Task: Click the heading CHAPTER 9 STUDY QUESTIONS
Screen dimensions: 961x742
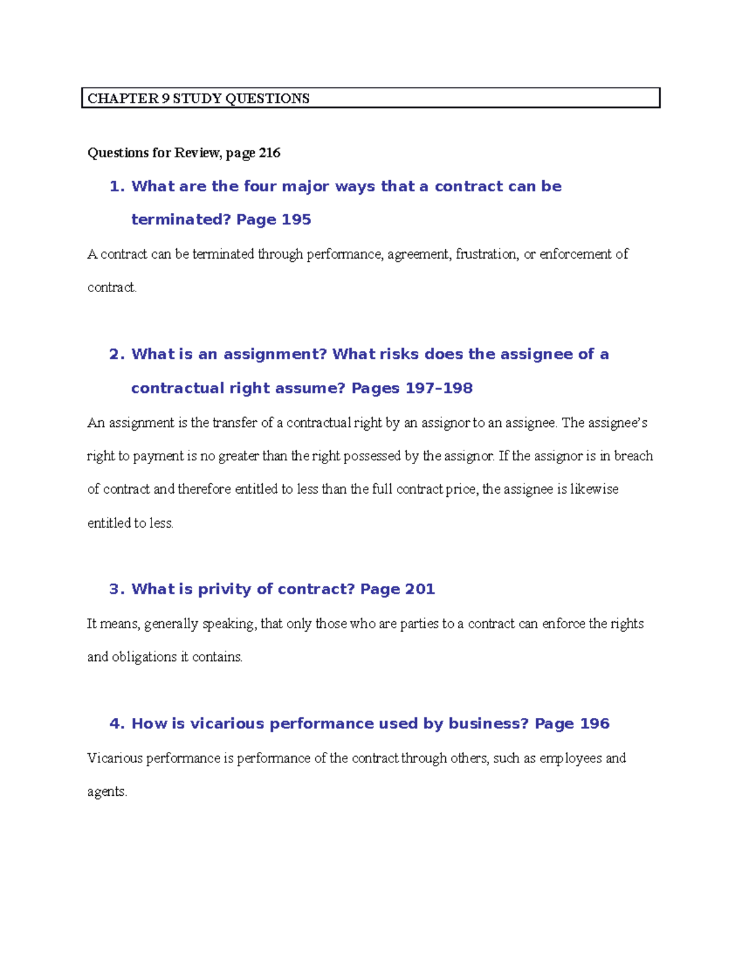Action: point(198,98)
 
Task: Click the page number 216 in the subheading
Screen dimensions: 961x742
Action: point(270,153)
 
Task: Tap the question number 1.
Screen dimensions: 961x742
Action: point(117,186)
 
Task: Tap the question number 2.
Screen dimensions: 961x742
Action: point(117,354)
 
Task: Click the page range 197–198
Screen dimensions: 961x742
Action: point(439,388)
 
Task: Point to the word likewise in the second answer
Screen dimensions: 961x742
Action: point(594,489)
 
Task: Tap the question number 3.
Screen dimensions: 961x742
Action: point(117,589)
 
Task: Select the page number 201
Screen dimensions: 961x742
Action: point(420,589)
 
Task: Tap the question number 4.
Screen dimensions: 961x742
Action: point(117,723)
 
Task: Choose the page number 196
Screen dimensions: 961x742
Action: point(594,723)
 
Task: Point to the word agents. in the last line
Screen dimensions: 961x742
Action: point(107,791)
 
